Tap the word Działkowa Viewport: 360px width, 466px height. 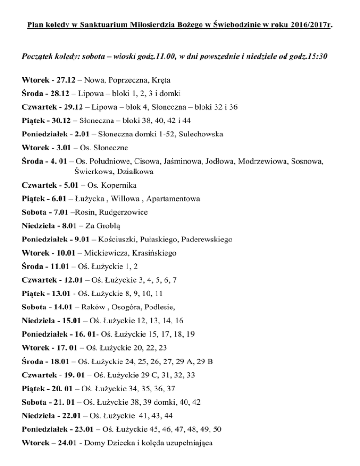pos(133,172)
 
